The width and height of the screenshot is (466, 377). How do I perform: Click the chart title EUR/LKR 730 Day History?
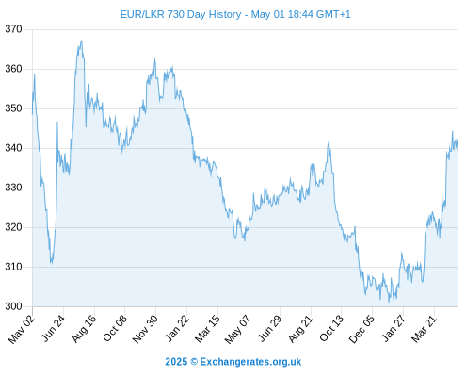(181, 14)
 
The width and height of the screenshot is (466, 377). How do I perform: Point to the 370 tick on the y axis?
(13, 29)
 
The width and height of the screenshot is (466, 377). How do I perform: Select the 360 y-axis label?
(13, 69)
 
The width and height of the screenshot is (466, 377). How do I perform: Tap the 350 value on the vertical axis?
(13, 108)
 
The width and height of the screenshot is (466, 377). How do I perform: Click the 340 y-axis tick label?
(13, 148)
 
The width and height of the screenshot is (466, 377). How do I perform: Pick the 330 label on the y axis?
(13, 188)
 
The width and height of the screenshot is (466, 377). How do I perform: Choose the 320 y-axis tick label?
(13, 227)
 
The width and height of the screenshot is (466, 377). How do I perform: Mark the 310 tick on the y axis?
(13, 267)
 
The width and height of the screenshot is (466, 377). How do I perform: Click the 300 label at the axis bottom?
(13, 306)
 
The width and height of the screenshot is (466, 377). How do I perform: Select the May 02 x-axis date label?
(22, 329)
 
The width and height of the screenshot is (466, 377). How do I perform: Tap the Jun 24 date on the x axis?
(54, 328)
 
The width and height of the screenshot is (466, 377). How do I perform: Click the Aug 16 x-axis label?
(84, 328)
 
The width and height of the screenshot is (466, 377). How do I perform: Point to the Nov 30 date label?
(145, 329)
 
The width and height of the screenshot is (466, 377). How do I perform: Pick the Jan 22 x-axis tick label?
(177, 328)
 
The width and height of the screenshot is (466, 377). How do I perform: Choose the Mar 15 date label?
(207, 328)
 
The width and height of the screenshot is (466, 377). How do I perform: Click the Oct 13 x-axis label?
(331, 328)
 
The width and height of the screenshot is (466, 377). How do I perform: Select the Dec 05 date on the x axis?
(362, 329)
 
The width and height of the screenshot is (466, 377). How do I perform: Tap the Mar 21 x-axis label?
(424, 328)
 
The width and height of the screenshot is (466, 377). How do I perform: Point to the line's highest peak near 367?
(81, 41)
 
